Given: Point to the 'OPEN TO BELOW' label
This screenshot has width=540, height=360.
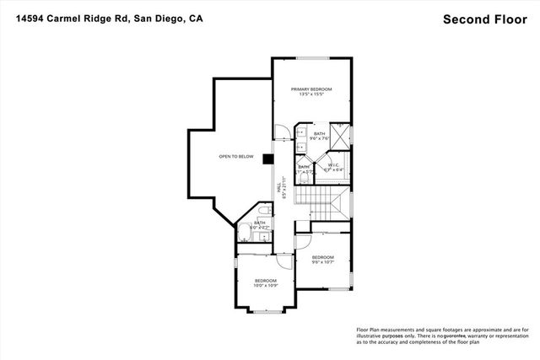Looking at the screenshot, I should pos(236,157).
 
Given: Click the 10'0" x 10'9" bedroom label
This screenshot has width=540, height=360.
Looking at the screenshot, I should pos(266,282).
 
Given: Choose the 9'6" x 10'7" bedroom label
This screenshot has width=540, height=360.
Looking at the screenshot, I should pos(323,259).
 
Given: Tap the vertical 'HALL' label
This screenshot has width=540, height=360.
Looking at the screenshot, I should pos(279,192).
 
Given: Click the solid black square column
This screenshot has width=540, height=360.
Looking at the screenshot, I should pos(267,158).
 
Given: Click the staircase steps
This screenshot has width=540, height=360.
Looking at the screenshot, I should pos(316,202).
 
